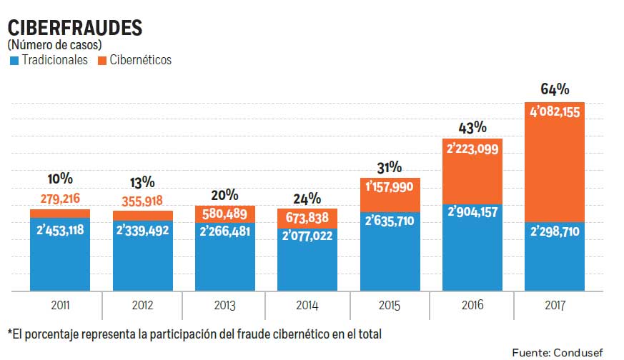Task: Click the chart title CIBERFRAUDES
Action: tap(74, 27)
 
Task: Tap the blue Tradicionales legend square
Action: tap(13, 61)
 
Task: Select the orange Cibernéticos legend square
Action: tap(102, 61)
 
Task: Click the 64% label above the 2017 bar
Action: tap(555, 89)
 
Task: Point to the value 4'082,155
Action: tap(555, 111)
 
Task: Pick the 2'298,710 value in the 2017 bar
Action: tap(555, 232)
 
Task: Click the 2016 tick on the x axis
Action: tap(472, 306)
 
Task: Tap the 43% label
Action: tap(472, 127)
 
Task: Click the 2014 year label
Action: tap(307, 306)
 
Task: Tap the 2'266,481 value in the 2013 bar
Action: tap(224, 232)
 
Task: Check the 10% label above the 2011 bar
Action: tap(60, 179)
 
